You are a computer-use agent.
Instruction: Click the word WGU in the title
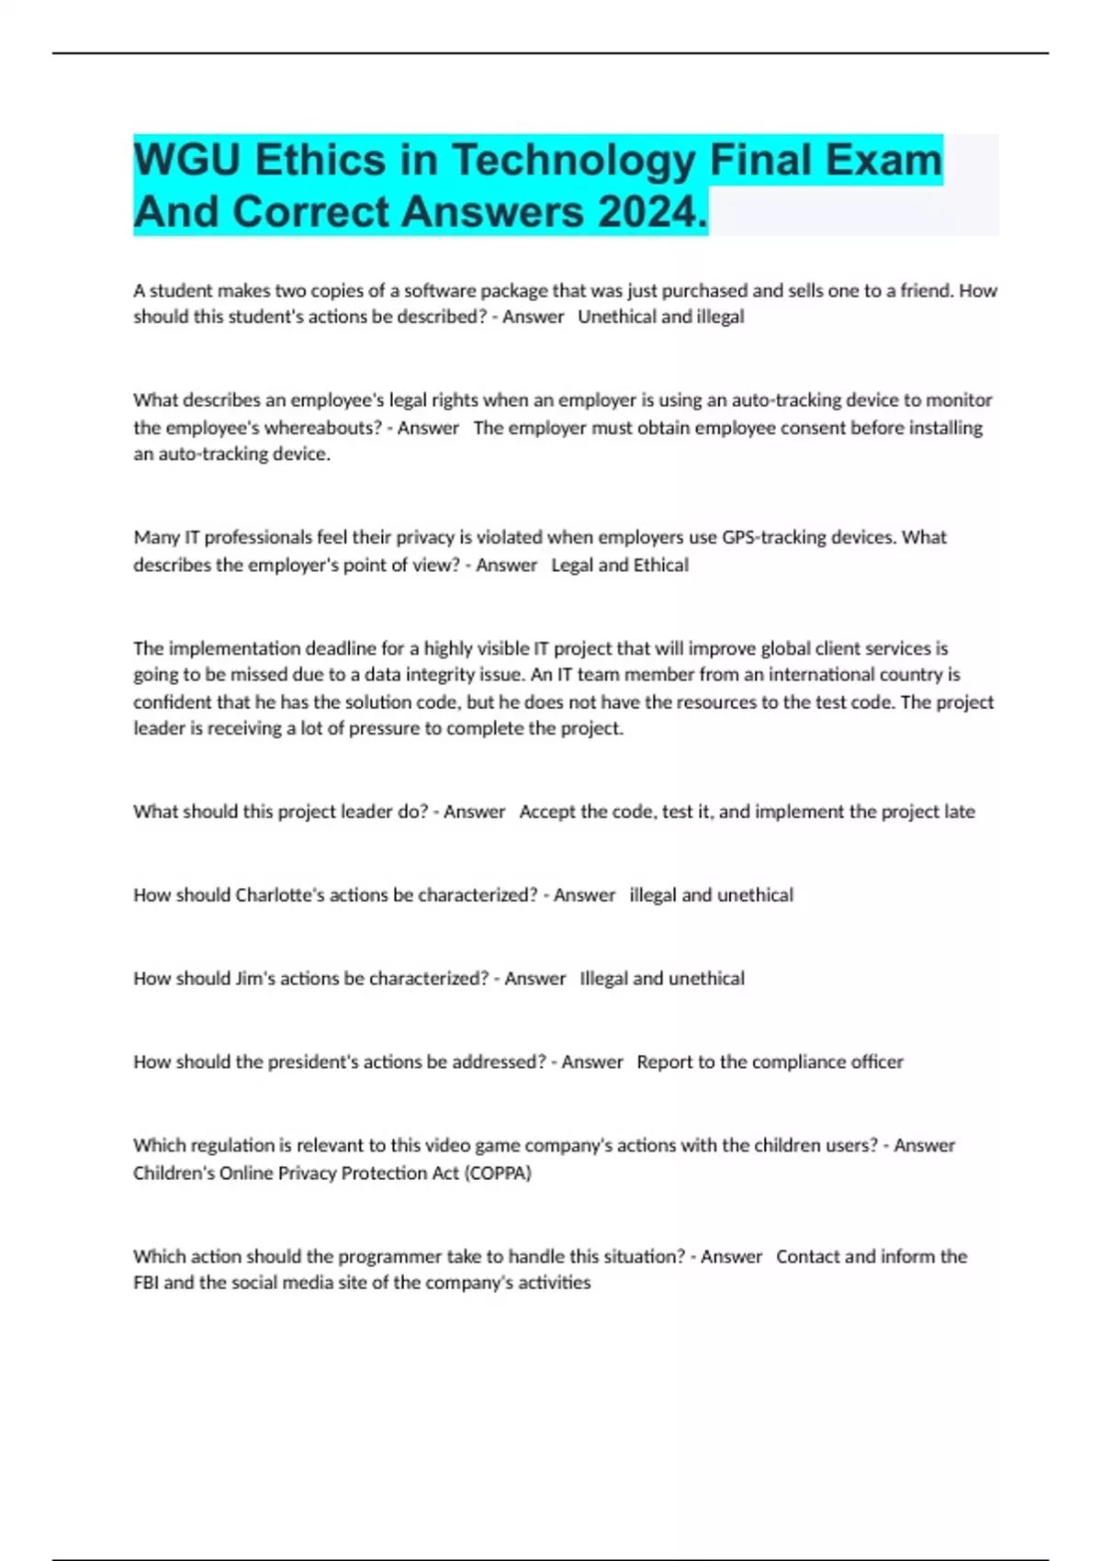pyautogui.click(x=186, y=161)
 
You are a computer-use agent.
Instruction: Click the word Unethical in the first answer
pyautogui.click(x=616, y=317)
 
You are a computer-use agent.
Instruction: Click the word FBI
pyautogui.click(x=146, y=1282)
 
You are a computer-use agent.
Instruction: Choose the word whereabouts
pyautogui.click(x=322, y=428)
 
